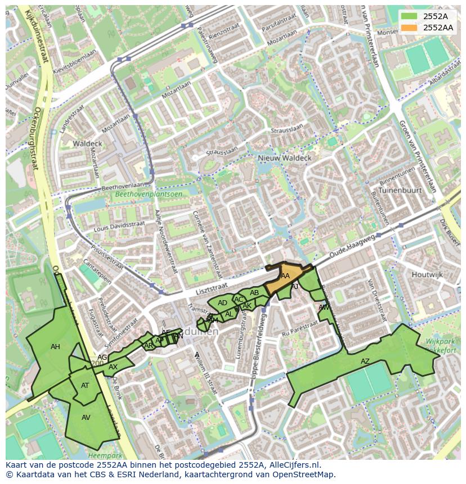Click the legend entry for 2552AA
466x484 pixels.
pos(438,28)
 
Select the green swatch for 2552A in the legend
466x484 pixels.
pos(409,16)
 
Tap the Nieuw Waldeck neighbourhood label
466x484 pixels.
pos(284,159)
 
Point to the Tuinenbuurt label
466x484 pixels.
pos(400,191)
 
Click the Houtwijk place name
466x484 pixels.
pos(427,275)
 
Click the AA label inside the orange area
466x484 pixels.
pos(285,276)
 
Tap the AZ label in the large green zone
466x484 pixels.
pos(365,361)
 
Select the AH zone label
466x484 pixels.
pos(55,347)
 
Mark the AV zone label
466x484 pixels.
pos(86,418)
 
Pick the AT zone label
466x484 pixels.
pos(85,386)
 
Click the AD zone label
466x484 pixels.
pos(222,303)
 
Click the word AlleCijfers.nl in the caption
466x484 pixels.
pos(292,465)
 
